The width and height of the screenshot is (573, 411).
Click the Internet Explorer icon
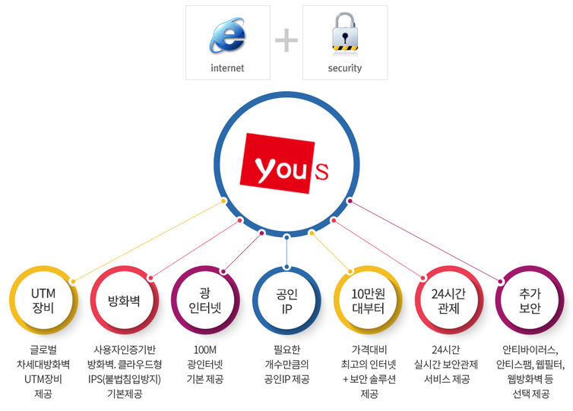(227, 35)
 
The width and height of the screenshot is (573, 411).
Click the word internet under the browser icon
(227, 68)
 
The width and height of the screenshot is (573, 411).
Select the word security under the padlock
(344, 68)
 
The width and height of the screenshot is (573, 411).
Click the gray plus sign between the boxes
(286, 40)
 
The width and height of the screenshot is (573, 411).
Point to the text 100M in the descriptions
(205, 350)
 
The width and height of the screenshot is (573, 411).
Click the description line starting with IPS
(125, 379)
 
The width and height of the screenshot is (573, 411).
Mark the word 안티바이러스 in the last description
(529, 350)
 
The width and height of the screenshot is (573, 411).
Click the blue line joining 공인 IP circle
(286, 252)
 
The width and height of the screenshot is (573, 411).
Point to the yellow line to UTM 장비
(148, 241)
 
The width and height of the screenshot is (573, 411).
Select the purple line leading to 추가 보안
(425, 241)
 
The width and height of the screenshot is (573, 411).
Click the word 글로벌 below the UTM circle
(43, 350)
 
